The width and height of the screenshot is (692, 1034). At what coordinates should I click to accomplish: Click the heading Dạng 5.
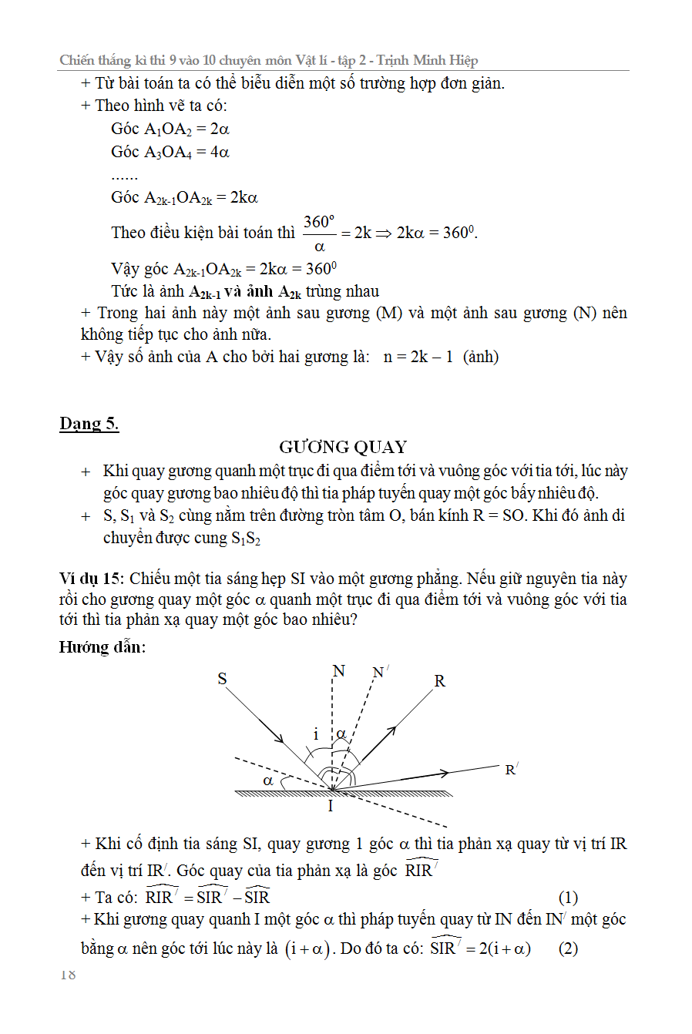tap(89, 424)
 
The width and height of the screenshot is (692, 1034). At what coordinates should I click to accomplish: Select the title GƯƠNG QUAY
tap(343, 447)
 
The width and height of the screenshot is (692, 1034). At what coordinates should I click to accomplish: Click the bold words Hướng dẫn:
tap(102, 646)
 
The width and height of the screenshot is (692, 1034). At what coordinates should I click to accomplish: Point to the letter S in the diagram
tap(223, 679)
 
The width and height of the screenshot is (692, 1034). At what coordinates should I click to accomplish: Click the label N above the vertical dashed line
tap(339, 671)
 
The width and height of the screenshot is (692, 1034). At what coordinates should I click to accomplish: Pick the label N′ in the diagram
tap(380, 673)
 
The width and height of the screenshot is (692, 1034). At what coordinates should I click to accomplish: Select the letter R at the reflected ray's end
tap(439, 681)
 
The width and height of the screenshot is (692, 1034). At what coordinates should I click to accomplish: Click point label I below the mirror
tap(331, 806)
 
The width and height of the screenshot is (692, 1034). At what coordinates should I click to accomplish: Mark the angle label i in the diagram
tap(316, 734)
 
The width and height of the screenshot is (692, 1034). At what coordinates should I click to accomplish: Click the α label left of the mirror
tap(268, 781)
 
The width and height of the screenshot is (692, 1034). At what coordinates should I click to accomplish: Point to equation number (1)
tap(568, 897)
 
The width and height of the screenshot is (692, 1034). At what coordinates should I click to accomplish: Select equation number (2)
tap(568, 948)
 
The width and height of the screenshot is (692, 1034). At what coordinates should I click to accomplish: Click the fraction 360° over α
tap(319, 233)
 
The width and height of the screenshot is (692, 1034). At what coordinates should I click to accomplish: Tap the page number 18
tap(68, 975)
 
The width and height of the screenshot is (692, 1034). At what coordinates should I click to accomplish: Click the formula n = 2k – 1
tap(418, 357)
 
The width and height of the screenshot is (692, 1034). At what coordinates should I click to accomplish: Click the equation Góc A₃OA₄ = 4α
tap(170, 152)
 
